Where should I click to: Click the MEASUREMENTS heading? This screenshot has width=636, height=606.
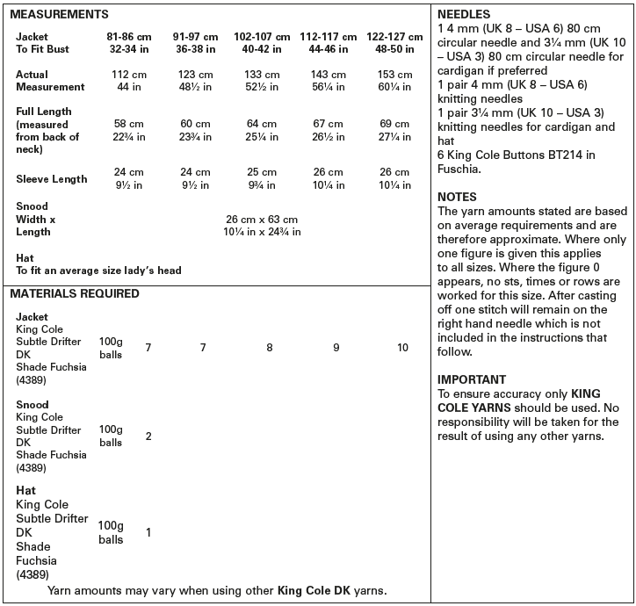(60, 15)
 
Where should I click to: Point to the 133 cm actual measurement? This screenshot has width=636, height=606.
(262, 75)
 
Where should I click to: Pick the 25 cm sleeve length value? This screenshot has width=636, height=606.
(262, 173)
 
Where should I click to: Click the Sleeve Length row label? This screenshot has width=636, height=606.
(51, 179)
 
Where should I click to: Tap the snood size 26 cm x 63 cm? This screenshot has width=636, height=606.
(262, 219)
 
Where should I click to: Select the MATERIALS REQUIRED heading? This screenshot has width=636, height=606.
(75, 294)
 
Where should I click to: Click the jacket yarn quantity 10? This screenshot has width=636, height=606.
(402, 348)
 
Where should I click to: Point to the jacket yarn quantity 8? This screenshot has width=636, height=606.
(270, 348)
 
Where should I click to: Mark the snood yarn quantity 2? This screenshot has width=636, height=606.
(148, 436)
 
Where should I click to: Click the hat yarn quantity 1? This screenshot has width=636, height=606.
(148, 532)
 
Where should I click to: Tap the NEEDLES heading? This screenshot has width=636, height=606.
(464, 15)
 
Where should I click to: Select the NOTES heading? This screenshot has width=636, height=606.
(457, 198)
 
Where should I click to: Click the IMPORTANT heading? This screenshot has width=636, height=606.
(472, 379)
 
